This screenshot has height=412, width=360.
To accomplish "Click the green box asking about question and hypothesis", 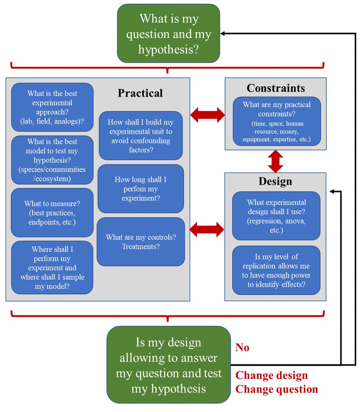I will point(168,34).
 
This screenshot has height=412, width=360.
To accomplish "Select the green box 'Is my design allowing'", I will point(168,365).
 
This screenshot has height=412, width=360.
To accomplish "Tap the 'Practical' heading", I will point(140,93).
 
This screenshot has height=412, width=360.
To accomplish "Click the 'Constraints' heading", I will point(275,88).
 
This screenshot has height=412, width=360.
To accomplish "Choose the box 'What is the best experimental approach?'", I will point(52,107).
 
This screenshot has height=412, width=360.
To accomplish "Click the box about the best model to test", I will point(52,160).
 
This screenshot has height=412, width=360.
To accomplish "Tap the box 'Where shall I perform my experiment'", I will point(52,267).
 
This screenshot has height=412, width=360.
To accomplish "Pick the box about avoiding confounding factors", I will point(141,136).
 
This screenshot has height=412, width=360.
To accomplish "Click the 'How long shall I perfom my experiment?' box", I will point(141,189).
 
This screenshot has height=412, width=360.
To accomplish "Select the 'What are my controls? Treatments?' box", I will point(141,242).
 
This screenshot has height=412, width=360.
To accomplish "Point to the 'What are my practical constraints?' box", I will point(277,121).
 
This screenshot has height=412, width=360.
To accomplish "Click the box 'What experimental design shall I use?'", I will point(276,216).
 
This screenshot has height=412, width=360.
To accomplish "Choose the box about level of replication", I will point(276,270).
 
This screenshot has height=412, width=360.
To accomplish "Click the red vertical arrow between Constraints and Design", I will point(275,161).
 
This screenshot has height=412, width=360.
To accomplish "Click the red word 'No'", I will point(242,347).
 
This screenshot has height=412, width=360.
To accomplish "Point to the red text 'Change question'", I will point(277,390).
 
